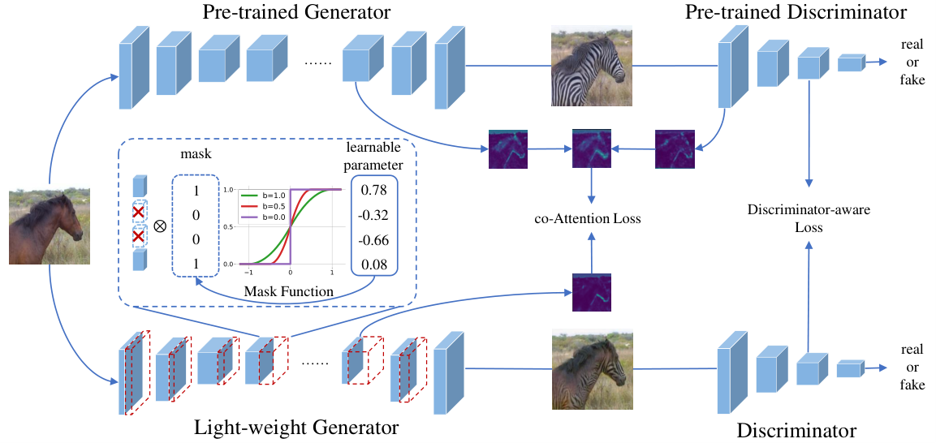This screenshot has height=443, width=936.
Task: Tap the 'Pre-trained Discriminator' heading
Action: pyautogui.click(x=796, y=12)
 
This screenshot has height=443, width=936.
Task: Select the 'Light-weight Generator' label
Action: pyautogui.click(x=296, y=428)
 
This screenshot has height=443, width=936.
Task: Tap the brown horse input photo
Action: pyautogui.click(x=49, y=226)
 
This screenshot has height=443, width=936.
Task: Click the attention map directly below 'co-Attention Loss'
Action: pyautogui.click(x=592, y=292)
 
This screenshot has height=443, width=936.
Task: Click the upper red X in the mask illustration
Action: pyautogui.click(x=139, y=212)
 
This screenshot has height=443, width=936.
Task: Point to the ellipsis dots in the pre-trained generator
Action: pyautogui.click(x=315, y=64)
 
